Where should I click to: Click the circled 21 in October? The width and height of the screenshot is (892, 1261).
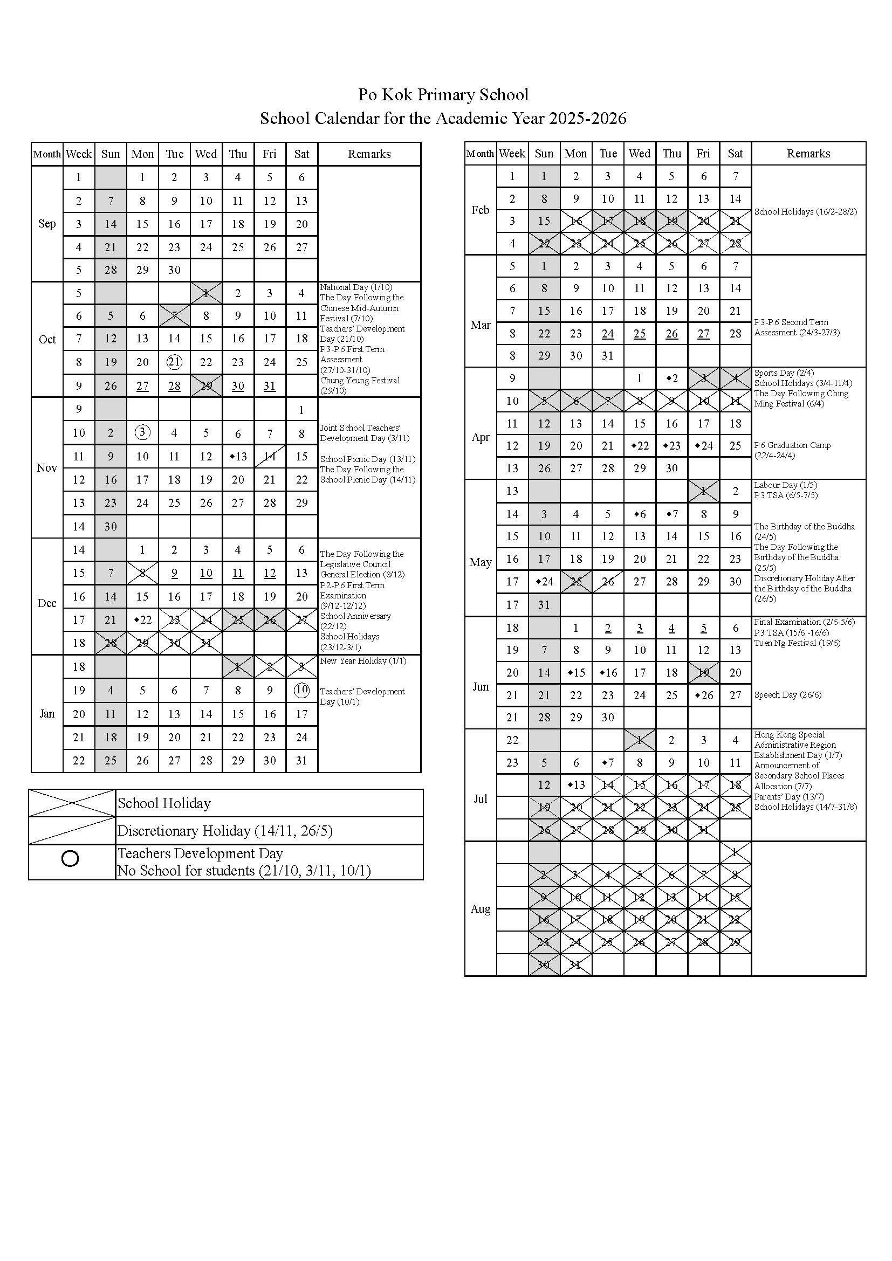[x=174, y=362]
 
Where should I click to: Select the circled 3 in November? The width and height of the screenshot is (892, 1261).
[x=142, y=432]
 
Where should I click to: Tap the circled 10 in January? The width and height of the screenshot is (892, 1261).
[x=301, y=690]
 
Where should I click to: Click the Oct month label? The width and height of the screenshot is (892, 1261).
[x=47, y=340]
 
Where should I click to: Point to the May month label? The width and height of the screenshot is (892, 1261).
[x=480, y=562]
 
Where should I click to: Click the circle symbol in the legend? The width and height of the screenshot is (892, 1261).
[x=70, y=858]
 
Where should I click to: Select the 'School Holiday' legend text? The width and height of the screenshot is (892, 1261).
[x=164, y=803]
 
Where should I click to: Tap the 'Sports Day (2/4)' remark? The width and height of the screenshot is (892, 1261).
[x=784, y=373]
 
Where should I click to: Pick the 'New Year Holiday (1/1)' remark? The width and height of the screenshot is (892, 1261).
[x=363, y=661]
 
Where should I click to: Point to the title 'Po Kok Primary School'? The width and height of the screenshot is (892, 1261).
[x=443, y=94]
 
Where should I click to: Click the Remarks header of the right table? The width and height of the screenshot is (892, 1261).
[x=808, y=154]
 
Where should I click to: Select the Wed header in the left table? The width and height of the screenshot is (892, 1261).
[x=206, y=154]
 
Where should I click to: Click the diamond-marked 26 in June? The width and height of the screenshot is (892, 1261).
[x=704, y=695]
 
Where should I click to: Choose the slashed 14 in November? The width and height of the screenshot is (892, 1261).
[x=270, y=456]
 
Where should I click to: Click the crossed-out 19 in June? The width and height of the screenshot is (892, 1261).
[x=703, y=672]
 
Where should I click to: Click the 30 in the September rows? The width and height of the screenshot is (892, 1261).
[x=174, y=270]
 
